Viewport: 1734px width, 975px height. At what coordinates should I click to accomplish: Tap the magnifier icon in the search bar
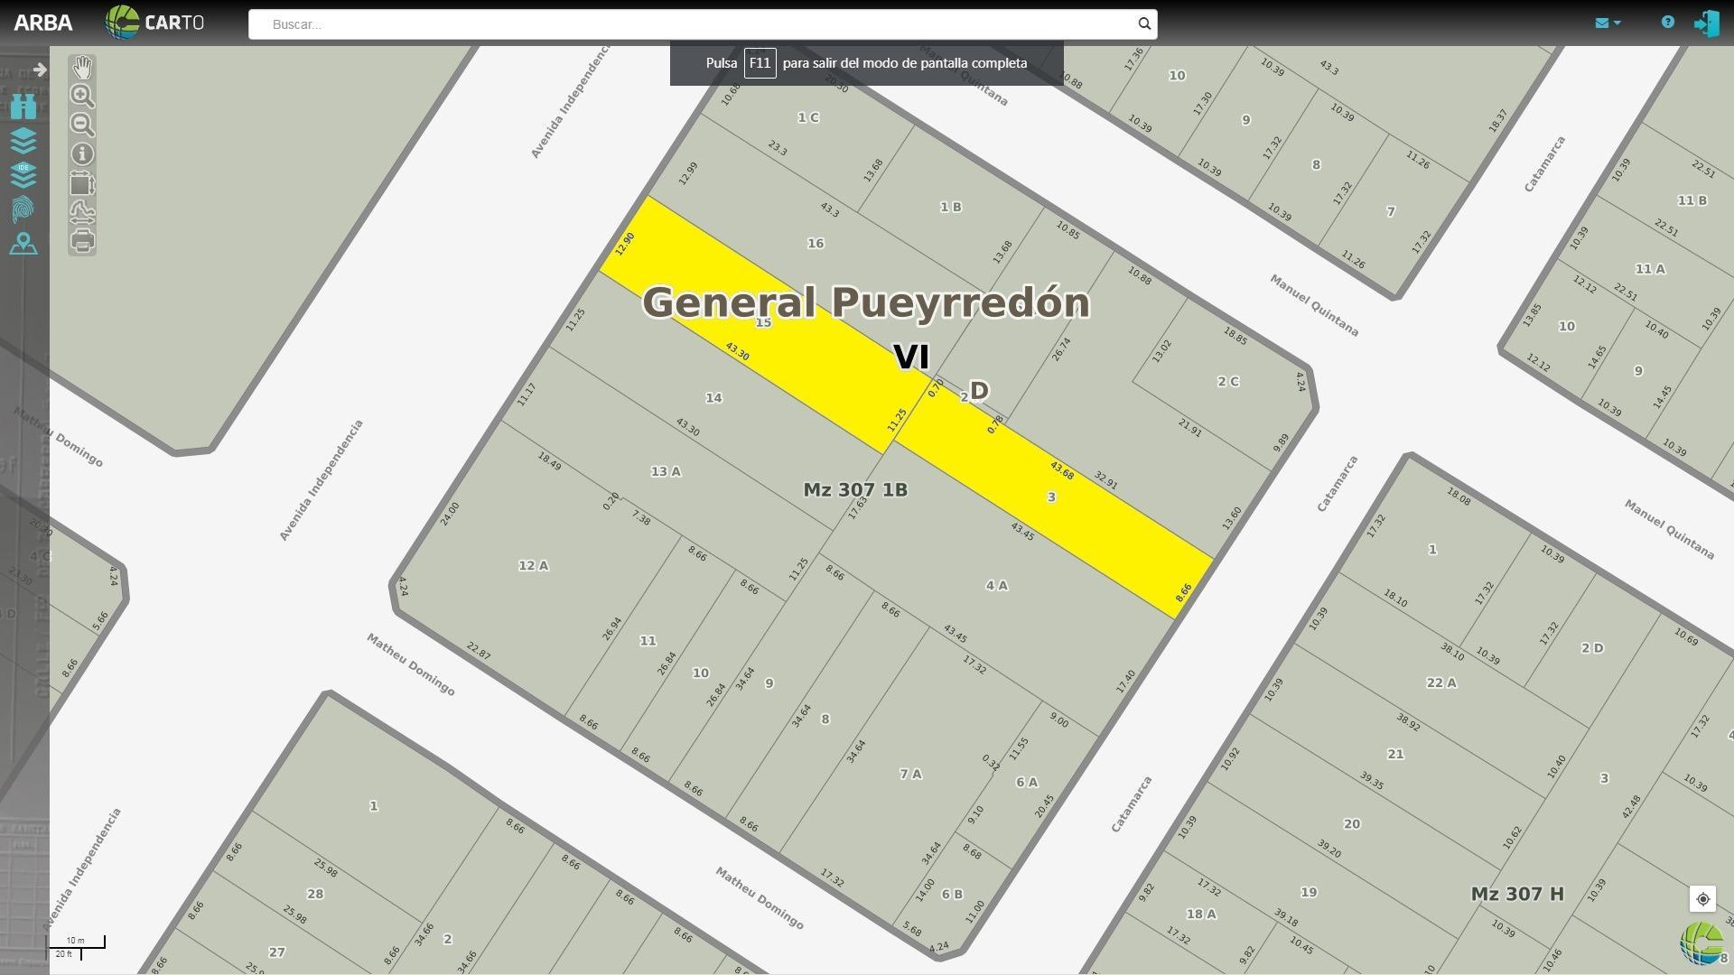click(x=1144, y=24)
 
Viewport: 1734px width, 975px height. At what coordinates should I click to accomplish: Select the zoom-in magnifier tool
click(x=82, y=96)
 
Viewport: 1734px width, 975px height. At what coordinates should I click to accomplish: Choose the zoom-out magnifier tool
click(x=82, y=125)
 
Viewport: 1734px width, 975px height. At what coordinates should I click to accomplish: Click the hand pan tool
click(x=82, y=67)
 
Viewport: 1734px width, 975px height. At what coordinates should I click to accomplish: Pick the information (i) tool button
click(x=82, y=154)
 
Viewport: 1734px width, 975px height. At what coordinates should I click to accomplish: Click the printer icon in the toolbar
click(x=82, y=241)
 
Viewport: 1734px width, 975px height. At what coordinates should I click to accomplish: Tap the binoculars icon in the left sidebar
click(x=23, y=107)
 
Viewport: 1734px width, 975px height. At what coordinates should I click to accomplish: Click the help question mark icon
click(x=1668, y=23)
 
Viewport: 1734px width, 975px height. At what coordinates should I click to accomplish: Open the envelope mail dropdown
click(x=1607, y=23)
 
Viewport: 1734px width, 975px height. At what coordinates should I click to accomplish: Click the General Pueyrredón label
click(x=865, y=302)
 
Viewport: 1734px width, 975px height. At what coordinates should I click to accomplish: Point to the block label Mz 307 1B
click(x=855, y=490)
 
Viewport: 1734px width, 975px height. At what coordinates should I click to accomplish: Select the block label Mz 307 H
click(x=1517, y=895)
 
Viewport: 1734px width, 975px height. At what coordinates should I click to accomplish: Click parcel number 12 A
click(x=533, y=566)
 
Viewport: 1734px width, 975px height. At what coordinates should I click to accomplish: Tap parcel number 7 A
click(x=910, y=775)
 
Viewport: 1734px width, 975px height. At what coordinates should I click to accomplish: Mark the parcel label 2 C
click(x=1227, y=382)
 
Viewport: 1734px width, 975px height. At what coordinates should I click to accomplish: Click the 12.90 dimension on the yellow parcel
click(x=624, y=244)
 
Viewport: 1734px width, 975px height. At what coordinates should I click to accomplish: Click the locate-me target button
click(x=1702, y=899)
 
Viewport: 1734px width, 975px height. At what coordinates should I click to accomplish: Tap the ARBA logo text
click(x=43, y=23)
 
